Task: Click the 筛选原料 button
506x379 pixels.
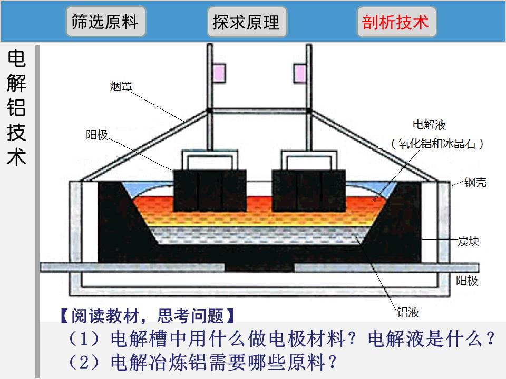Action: pos(106,22)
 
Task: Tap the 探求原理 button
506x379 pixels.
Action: pos(247,22)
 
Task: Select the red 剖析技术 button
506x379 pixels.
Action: pos(396,22)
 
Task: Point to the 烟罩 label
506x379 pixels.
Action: pos(121,86)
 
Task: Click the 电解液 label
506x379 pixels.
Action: pos(429,124)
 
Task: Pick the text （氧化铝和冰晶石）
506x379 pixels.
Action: pos(437,143)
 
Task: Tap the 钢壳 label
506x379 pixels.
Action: pos(475,183)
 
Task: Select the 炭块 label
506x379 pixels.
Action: pos(469,242)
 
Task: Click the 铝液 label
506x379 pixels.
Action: pos(408,312)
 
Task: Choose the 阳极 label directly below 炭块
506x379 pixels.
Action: pos(467,281)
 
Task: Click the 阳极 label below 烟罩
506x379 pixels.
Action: pos(97,135)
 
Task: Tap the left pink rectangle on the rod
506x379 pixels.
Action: pos(219,73)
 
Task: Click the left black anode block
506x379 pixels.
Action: pos(210,191)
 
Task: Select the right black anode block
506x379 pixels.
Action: pos(309,191)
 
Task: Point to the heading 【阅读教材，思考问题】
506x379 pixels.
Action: pos(148,315)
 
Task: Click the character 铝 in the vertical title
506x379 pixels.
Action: pos(16,107)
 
